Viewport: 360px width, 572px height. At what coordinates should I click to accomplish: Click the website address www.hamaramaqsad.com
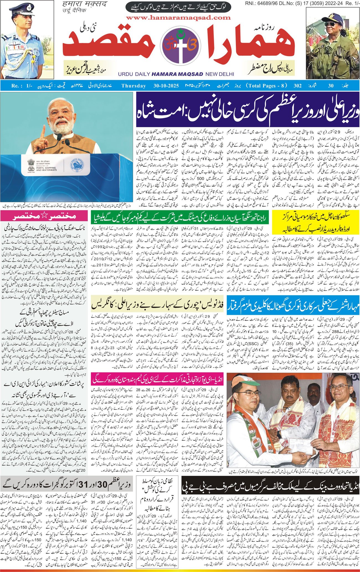click(x=178, y=18)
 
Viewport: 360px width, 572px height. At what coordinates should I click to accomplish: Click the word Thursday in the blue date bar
click(x=133, y=86)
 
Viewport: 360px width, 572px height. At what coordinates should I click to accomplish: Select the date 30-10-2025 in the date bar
click(x=166, y=86)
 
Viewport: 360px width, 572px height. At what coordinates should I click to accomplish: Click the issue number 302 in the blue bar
click(x=297, y=86)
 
